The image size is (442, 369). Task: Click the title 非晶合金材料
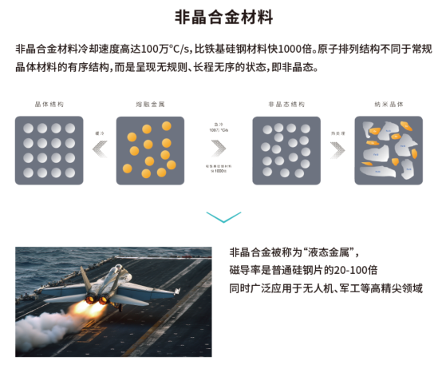click(220, 18)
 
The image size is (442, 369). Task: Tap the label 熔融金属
click(149, 105)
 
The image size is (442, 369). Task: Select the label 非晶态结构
click(286, 105)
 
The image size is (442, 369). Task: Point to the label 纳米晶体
click(389, 105)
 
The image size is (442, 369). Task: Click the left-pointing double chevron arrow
click(100, 148)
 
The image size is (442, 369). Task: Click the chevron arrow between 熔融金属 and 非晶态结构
click(219, 149)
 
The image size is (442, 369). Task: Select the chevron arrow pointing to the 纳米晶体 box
click(337, 148)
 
